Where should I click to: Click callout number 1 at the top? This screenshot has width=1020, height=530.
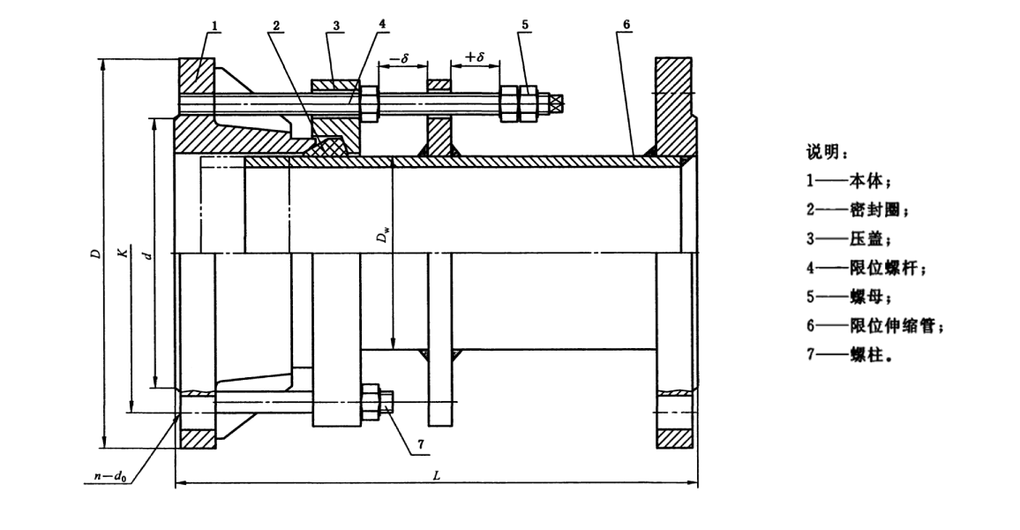coord(214,25)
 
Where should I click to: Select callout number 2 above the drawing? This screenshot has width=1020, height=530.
coord(276,25)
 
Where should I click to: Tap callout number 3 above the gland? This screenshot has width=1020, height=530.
coord(334,25)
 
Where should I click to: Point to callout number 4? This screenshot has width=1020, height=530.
coord(382,25)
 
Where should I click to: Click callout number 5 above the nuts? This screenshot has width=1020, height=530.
coord(525,25)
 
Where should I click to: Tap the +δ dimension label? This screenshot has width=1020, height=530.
coord(475,57)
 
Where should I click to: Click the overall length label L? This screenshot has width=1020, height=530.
coord(436,475)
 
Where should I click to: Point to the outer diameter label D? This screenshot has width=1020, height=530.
coord(94,254)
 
